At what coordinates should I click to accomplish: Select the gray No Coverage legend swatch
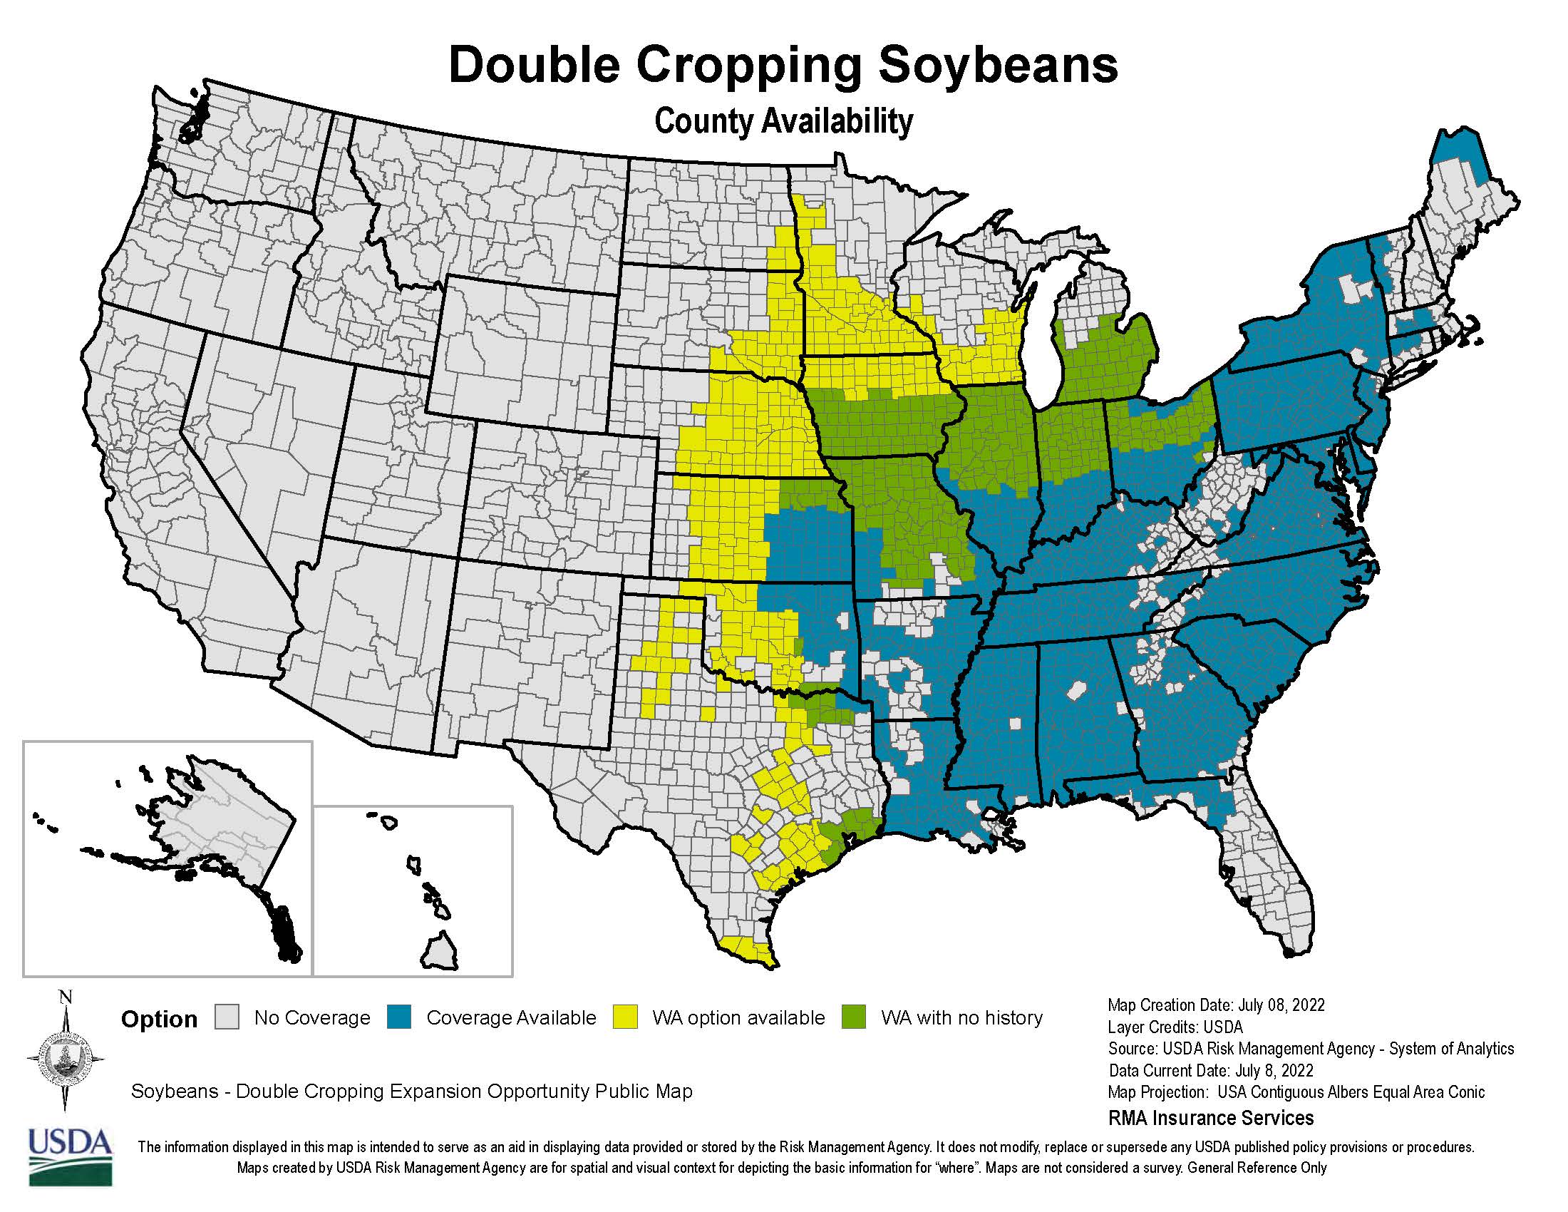pyautogui.click(x=227, y=1017)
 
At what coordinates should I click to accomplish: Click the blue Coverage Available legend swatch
pyautogui.click(x=399, y=1017)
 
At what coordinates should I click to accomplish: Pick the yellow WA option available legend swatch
pyautogui.click(x=625, y=1017)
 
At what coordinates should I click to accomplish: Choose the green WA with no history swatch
pyautogui.click(x=854, y=1017)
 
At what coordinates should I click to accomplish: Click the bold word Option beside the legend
pyautogui.click(x=159, y=1020)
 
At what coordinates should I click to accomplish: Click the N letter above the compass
pyautogui.click(x=66, y=997)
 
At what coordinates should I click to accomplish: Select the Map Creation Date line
pyautogui.click(x=1215, y=1005)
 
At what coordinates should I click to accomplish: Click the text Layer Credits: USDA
pyautogui.click(x=1175, y=1027)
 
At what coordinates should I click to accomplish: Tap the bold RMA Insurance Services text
pyautogui.click(x=1210, y=1118)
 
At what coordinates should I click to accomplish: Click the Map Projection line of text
pyautogui.click(x=1296, y=1092)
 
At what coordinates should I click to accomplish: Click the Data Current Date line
pyautogui.click(x=1210, y=1071)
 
